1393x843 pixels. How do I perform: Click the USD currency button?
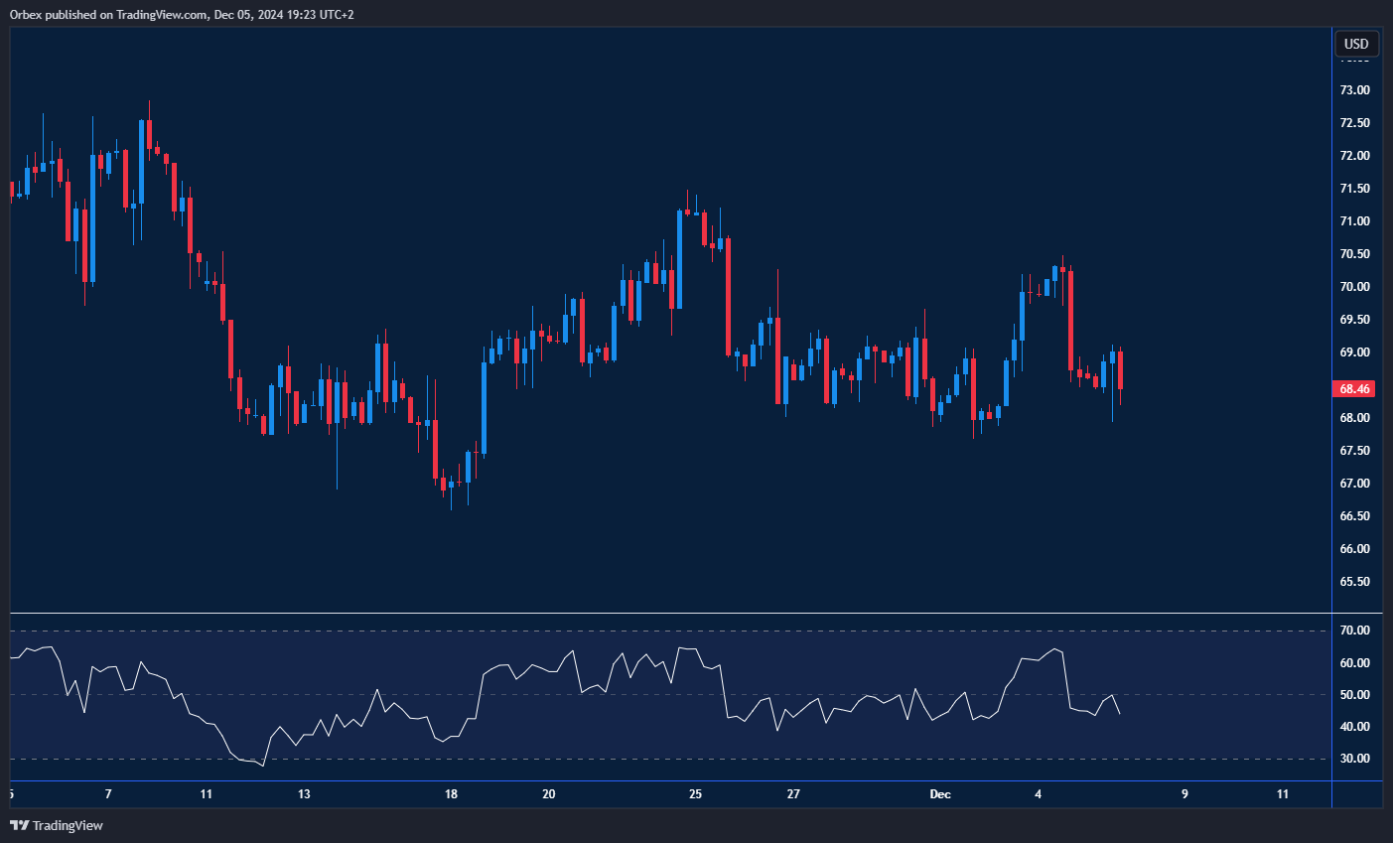(x=1356, y=44)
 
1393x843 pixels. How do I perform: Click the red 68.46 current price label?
(x=1355, y=389)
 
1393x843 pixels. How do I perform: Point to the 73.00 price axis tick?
(x=1354, y=90)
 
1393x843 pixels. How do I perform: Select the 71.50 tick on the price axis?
(x=1354, y=189)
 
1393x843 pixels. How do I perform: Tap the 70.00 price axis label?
(x=1354, y=287)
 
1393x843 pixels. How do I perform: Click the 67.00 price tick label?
(x=1354, y=484)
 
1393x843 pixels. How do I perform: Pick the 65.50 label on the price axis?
(x=1354, y=582)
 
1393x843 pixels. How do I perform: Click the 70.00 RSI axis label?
(x=1354, y=631)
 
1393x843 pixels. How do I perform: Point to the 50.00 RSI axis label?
(x=1354, y=695)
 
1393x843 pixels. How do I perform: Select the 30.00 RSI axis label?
(x=1354, y=759)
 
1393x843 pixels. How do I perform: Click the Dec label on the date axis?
(x=940, y=794)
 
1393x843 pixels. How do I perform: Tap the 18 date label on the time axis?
(x=451, y=794)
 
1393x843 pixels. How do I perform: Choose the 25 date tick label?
(x=695, y=794)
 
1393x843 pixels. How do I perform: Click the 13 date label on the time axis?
(x=304, y=794)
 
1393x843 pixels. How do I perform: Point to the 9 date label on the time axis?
(x=1184, y=794)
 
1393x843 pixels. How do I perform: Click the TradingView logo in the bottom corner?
(x=57, y=825)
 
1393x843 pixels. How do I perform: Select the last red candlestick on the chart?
(x=1120, y=369)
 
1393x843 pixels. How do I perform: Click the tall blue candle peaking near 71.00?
(x=679, y=258)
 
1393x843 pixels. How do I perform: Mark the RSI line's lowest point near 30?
(x=263, y=766)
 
